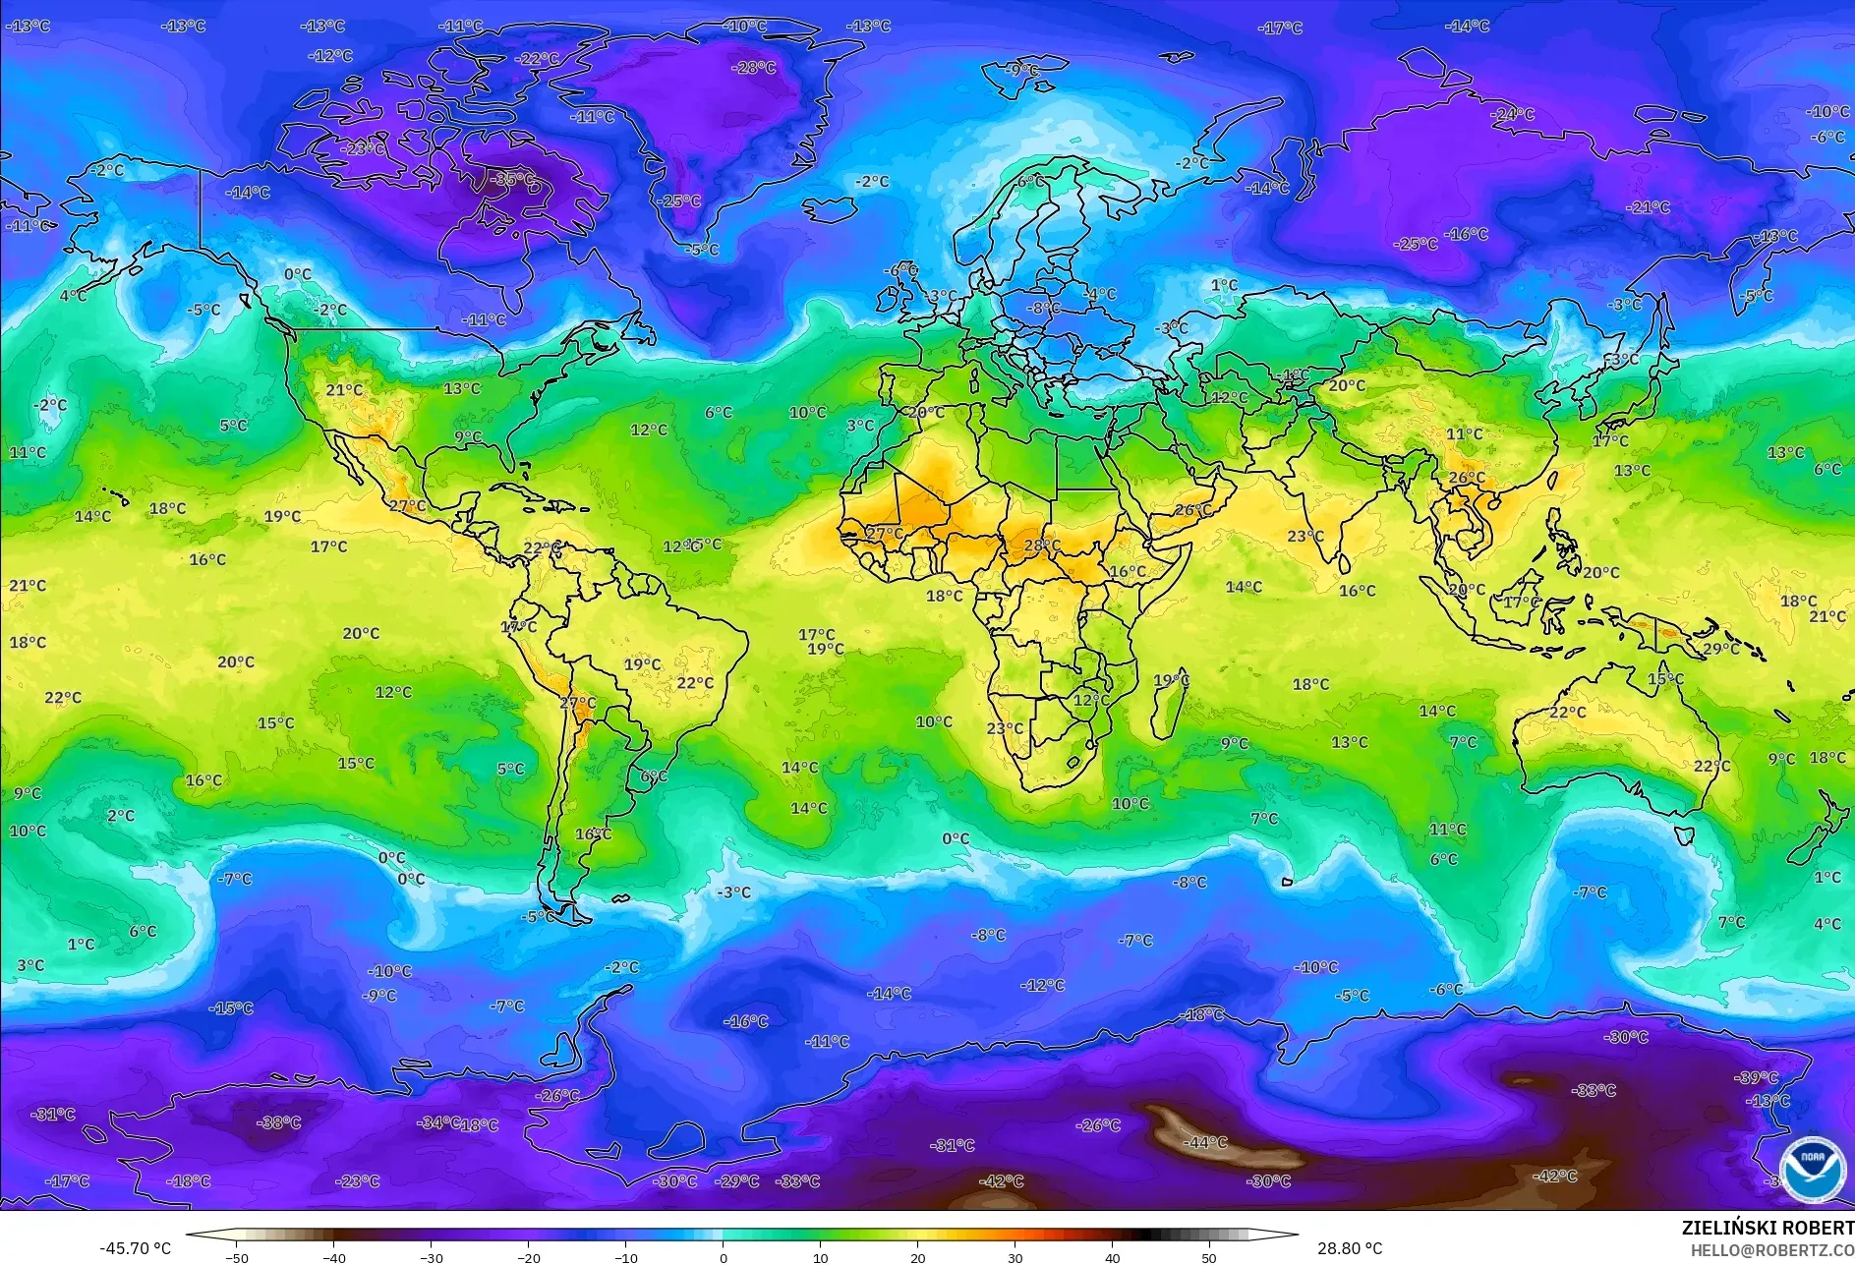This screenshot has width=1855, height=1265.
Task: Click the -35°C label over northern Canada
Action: point(514,180)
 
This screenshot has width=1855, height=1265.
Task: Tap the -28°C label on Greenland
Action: point(754,68)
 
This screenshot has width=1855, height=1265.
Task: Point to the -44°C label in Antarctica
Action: point(1206,1142)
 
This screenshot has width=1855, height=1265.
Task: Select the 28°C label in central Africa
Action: point(1042,545)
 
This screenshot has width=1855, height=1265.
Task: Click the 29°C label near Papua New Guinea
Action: point(1720,649)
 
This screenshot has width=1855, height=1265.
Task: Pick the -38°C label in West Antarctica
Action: point(278,1122)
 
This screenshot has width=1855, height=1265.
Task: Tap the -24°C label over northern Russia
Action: point(1512,114)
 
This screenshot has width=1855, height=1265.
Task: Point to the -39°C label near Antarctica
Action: point(1757,1077)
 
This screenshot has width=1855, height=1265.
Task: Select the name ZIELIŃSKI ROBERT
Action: point(1767,1228)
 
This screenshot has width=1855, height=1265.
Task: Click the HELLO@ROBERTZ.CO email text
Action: point(1771,1250)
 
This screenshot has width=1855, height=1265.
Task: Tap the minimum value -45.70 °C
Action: point(135,1248)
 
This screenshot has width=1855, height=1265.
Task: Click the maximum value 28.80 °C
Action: point(1349,1248)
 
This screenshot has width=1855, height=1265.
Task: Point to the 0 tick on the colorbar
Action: point(724,1257)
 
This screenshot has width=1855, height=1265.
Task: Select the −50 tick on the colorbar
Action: point(236,1257)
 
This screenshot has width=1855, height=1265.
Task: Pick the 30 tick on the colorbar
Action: point(1014,1257)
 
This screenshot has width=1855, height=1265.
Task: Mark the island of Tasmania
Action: point(1683,835)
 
